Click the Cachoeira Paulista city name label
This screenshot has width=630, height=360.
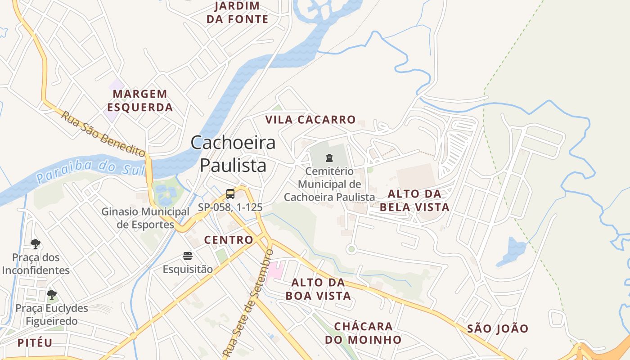coord(233,154)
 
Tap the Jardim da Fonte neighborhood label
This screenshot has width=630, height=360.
coord(237,13)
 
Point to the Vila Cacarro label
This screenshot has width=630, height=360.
coord(310,120)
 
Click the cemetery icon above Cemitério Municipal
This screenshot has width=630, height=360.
coord(329,158)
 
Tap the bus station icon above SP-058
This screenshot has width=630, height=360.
coord(230,194)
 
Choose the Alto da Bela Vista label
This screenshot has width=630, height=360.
coord(414,200)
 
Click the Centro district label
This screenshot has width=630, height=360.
coord(229,240)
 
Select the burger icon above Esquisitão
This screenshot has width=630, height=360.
coord(188,256)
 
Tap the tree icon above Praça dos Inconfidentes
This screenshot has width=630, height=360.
coord(36,244)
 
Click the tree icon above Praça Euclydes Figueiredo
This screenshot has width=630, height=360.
coord(52,295)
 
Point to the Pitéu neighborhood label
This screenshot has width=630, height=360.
coord(35,342)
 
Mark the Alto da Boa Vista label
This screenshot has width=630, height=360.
coord(318,289)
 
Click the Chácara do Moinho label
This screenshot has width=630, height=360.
coord(363,333)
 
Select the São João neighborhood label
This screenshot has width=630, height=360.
coord(498,328)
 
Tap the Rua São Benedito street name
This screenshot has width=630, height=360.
coord(103,134)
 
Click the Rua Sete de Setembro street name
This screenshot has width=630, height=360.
coord(248,301)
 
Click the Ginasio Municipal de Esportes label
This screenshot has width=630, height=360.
coord(145,218)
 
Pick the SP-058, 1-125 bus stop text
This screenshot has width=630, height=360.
coord(230,207)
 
